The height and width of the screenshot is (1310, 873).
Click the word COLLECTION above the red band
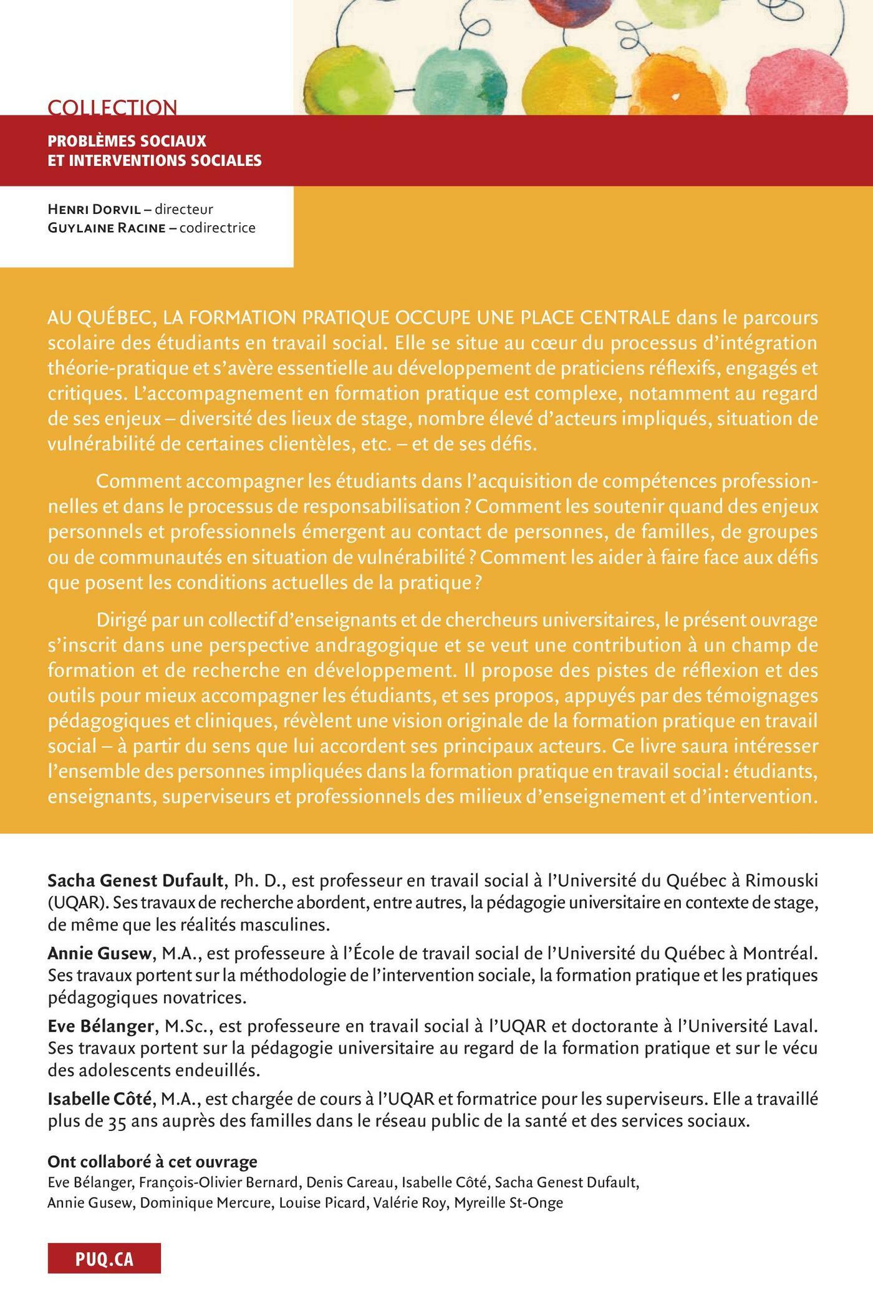[x=112, y=107]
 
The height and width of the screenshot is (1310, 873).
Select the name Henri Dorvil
[x=94, y=210]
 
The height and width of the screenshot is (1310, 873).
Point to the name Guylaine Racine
[x=105, y=228]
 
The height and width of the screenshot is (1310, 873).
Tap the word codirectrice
[x=218, y=228]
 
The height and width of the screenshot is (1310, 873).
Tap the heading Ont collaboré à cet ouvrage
[x=152, y=1162]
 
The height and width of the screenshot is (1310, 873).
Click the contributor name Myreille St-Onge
[x=508, y=1203]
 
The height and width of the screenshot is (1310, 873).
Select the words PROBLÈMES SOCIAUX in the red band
[x=127, y=141]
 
